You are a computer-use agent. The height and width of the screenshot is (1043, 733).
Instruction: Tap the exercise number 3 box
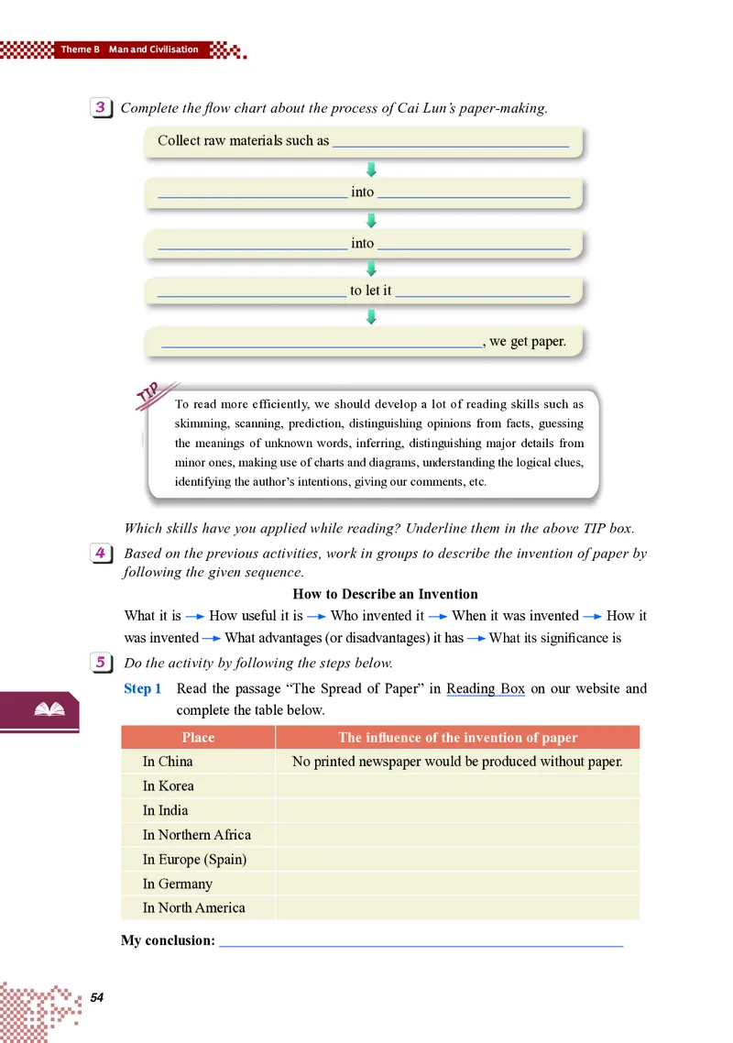(x=101, y=108)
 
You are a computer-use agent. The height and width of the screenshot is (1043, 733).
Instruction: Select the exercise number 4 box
(x=102, y=553)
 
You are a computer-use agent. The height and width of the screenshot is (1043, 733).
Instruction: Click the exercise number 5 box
(x=102, y=662)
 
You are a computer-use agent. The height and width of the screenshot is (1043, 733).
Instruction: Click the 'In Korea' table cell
(x=169, y=785)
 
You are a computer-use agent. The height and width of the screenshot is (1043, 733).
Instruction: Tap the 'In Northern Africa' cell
(x=196, y=835)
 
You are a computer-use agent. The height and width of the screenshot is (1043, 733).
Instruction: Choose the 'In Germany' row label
(x=177, y=884)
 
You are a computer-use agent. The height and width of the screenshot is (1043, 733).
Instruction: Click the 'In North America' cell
(x=193, y=908)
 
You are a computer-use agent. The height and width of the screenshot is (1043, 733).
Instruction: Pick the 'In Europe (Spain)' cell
(x=194, y=860)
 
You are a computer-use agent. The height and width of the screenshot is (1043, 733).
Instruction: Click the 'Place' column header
(x=198, y=738)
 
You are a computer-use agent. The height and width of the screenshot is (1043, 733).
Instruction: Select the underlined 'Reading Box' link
(x=486, y=688)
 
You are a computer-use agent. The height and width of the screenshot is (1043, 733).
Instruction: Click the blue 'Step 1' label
(x=143, y=688)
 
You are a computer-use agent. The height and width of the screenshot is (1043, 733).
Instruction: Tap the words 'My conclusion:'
(x=168, y=940)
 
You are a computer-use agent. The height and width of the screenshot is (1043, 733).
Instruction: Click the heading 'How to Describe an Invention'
(x=385, y=594)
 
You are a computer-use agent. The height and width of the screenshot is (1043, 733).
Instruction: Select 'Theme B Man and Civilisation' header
(x=129, y=49)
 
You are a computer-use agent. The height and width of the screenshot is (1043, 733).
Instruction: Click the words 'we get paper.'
(x=528, y=342)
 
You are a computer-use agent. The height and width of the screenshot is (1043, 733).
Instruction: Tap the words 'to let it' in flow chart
(x=371, y=291)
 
